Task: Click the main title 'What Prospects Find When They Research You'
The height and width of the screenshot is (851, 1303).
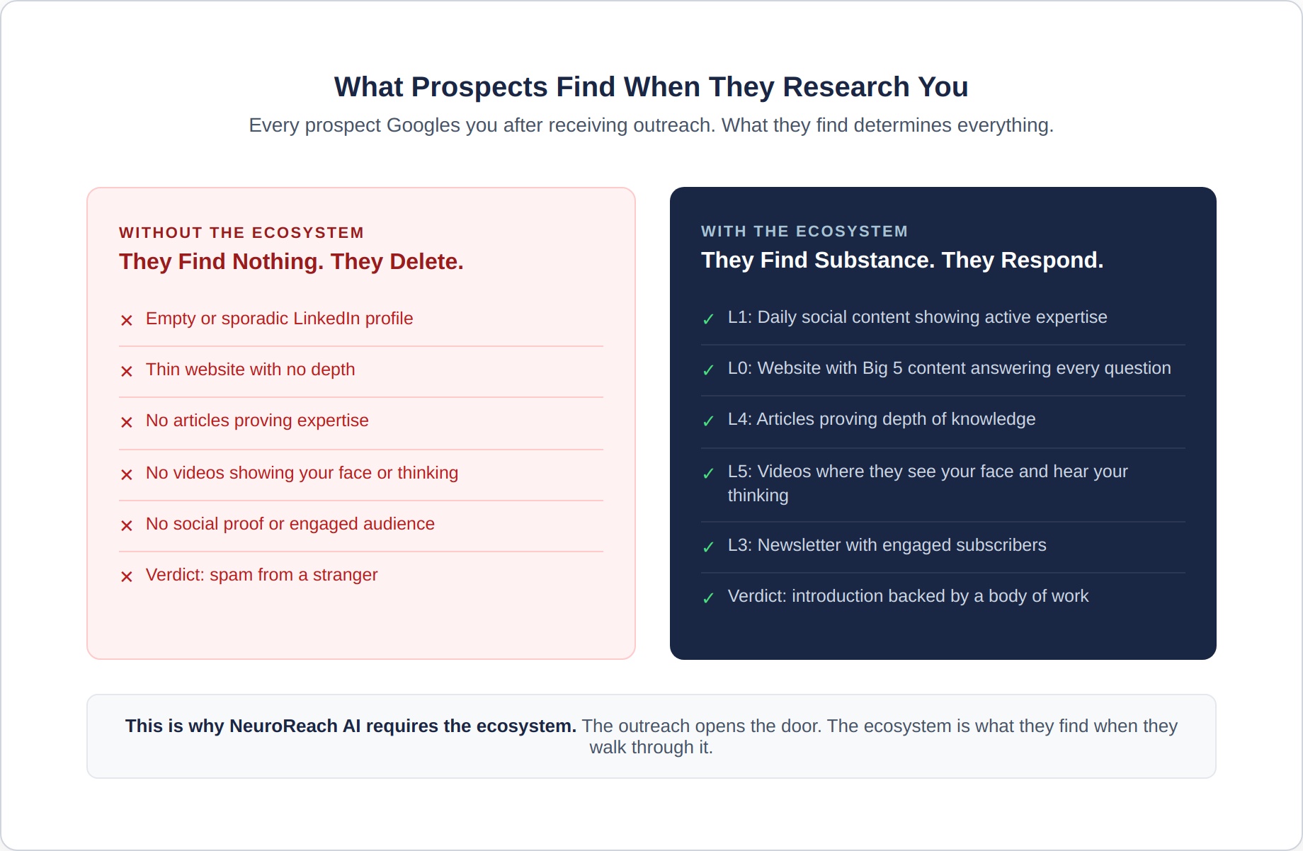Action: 651,87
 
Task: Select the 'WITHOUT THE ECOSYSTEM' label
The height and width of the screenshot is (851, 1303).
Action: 241,233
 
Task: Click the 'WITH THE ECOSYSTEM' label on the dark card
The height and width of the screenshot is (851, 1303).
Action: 804,232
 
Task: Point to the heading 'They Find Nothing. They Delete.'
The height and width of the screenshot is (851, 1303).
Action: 291,262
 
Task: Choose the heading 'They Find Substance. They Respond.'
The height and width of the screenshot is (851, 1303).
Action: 902,261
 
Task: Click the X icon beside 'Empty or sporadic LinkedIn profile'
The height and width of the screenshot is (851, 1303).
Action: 127,321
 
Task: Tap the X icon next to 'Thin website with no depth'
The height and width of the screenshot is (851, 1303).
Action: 127,372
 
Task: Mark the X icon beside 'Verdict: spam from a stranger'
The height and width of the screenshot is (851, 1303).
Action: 127,577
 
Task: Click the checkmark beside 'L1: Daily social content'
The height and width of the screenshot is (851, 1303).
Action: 708,319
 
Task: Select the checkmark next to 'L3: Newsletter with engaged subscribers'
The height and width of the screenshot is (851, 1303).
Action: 708,547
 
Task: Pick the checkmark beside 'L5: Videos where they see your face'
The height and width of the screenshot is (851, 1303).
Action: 708,474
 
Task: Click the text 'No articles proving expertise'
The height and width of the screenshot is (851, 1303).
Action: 257,421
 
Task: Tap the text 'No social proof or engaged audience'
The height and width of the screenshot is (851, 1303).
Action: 290,524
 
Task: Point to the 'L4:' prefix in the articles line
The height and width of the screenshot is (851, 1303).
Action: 740,419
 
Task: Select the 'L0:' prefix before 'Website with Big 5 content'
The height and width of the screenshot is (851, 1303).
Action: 740,368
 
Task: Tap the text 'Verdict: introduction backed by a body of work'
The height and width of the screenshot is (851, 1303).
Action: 908,596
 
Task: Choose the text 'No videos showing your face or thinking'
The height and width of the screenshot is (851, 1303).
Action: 302,473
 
